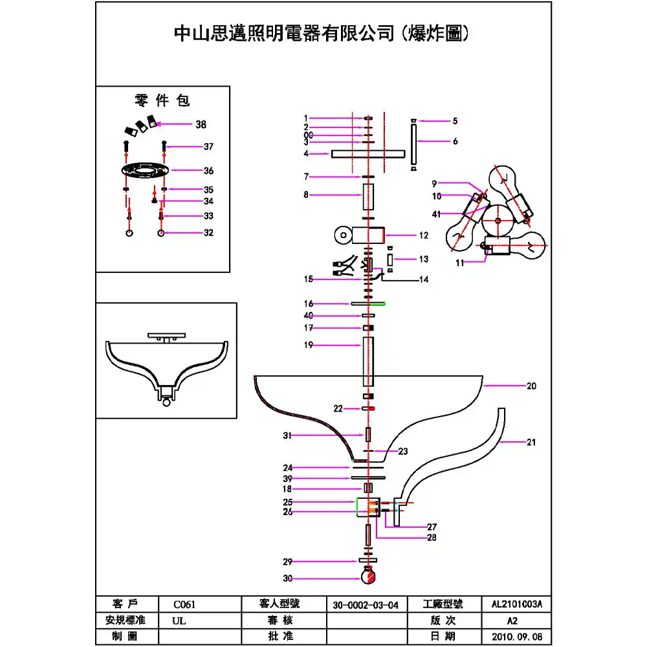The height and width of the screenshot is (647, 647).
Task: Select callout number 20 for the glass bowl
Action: [531, 386]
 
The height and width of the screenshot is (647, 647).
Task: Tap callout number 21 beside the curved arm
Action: [531, 443]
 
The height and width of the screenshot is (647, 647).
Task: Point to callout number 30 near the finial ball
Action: [287, 578]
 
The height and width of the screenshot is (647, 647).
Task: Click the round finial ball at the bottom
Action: [369, 575]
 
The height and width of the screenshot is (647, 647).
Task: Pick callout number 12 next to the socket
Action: [424, 236]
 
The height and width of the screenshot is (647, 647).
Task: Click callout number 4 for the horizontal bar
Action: [306, 154]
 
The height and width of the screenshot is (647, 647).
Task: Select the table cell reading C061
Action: [184, 605]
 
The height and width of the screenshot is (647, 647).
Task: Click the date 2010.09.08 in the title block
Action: [517, 636]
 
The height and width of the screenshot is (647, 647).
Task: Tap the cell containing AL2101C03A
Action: [517, 605]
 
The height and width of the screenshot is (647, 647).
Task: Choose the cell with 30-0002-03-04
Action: [366, 605]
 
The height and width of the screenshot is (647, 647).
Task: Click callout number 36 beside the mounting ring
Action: [208, 171]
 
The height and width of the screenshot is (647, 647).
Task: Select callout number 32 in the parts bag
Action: [208, 233]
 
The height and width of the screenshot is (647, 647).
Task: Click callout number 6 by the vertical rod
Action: [455, 141]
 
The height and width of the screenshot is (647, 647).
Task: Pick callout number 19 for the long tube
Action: [309, 345]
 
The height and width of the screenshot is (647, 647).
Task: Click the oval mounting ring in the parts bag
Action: [144, 171]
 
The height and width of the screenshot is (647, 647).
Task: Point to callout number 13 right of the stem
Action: [424, 259]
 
